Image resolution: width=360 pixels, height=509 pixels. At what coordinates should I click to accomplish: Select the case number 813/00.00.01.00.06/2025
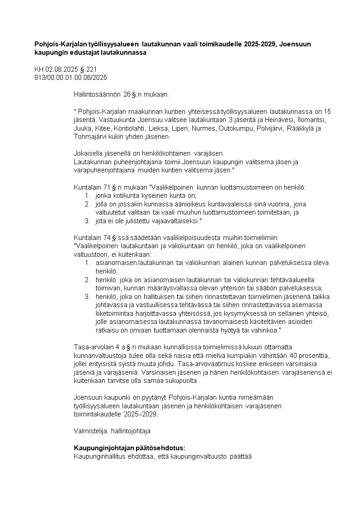click(71, 78)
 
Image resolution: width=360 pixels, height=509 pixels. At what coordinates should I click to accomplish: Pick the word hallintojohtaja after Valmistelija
click(133, 430)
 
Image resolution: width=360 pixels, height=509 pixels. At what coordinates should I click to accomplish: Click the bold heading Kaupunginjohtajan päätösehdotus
click(130, 447)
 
